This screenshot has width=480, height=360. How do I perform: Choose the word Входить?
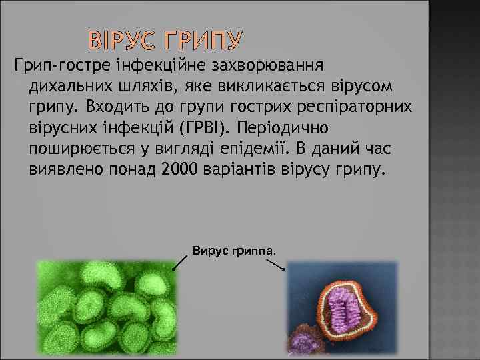(x=110, y=108)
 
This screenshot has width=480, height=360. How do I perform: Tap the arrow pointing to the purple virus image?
(x=276, y=264)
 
